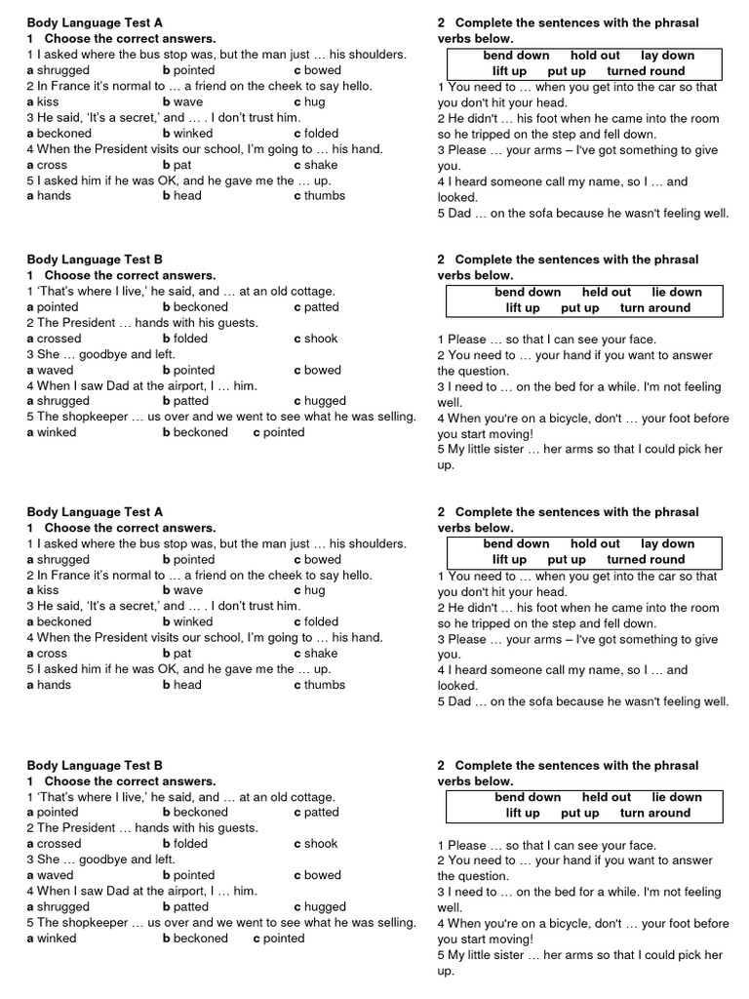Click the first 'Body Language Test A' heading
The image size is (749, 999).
[x=95, y=22]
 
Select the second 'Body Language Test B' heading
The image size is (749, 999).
[x=95, y=766]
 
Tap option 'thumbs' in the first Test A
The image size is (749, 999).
[x=324, y=196]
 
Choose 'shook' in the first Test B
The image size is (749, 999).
[x=321, y=339]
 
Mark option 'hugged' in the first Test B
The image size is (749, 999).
[x=325, y=401]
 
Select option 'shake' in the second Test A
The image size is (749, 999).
[x=321, y=654]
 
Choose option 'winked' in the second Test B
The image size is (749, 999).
[x=57, y=939]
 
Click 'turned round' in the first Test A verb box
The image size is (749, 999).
[x=646, y=71]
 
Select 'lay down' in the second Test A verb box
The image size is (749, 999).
[x=668, y=543]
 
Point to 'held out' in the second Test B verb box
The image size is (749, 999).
[x=607, y=797]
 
